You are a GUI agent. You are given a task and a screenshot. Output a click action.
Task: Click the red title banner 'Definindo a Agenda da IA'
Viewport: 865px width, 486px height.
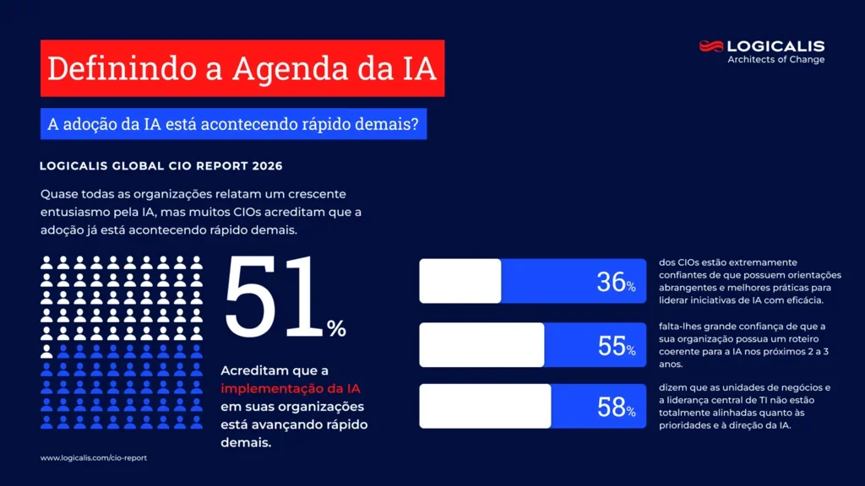point(242,68)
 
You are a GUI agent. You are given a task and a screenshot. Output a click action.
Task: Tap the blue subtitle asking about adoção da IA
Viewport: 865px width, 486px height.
point(232,124)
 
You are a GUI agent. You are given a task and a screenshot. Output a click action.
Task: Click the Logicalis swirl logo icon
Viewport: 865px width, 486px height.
point(711,46)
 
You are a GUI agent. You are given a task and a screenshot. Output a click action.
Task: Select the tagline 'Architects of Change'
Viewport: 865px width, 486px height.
point(775,60)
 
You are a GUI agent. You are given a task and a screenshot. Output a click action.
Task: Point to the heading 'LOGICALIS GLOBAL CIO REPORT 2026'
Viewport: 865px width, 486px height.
point(160,166)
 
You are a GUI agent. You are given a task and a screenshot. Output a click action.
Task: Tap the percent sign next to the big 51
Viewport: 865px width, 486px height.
point(336,329)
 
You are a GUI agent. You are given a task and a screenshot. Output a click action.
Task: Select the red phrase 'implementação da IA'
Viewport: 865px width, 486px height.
point(291,388)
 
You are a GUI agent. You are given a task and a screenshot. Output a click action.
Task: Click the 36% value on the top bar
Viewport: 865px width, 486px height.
point(616,282)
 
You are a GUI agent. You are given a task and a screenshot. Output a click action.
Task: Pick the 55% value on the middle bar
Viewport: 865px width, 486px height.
point(616,345)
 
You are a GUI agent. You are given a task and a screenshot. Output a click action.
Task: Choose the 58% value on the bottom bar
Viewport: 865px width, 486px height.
point(616,408)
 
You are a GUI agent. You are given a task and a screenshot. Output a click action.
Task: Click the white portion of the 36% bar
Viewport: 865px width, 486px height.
point(460,281)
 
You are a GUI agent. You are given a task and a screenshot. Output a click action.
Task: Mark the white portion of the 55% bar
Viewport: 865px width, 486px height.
point(481,344)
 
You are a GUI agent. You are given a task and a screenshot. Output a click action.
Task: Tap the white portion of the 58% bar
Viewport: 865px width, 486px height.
point(485,407)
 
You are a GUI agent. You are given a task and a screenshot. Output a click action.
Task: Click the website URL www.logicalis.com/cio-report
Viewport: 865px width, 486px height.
point(94,458)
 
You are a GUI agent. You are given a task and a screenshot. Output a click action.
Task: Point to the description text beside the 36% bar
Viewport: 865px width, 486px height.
point(749,281)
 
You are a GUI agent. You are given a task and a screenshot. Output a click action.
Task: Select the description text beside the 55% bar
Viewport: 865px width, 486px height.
point(743,345)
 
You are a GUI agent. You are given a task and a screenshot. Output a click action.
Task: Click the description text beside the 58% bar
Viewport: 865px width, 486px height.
point(743,407)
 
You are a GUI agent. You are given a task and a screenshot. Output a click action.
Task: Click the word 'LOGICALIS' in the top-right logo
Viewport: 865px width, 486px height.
point(775,46)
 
